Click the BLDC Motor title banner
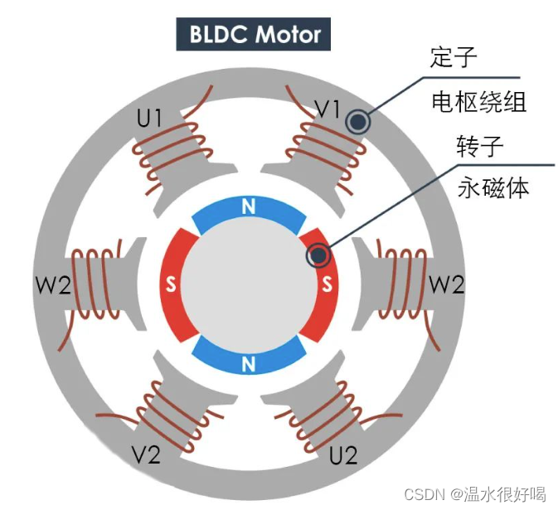[x=254, y=35]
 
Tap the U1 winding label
[x=149, y=119]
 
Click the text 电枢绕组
[x=479, y=102]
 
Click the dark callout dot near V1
[x=358, y=123]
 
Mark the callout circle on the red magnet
[x=318, y=255]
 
